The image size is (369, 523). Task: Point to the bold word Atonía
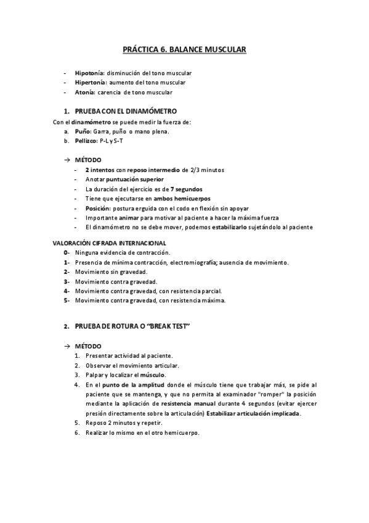pyautogui.click(x=85, y=92)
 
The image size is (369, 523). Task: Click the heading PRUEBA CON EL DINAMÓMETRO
pyautogui.click(x=126, y=111)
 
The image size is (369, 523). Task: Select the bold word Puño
pyautogui.click(x=83, y=131)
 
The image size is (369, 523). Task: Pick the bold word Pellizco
pyautogui.click(x=86, y=141)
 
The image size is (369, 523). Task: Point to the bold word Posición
pyautogui.click(x=98, y=208)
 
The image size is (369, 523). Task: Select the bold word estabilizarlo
pyautogui.click(x=233, y=228)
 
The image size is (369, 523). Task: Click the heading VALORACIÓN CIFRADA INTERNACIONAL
pyautogui.click(x=110, y=243)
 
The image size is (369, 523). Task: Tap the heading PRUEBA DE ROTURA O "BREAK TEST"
pyautogui.click(x=132, y=325)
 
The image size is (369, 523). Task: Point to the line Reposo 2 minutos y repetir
pyautogui.click(x=124, y=422)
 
